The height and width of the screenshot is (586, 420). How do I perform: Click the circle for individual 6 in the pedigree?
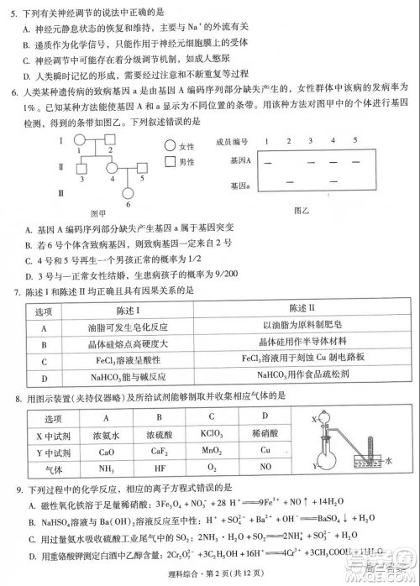(x=128, y=192)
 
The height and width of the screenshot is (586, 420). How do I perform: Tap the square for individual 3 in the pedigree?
(x=81, y=168)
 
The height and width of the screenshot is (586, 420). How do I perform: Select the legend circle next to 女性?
(x=170, y=146)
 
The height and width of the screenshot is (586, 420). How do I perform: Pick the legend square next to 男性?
(x=170, y=161)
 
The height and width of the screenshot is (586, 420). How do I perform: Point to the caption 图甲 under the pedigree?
(x=99, y=212)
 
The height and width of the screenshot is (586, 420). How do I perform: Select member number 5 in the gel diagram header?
(x=354, y=140)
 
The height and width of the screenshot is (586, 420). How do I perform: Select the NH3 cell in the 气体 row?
(x=107, y=467)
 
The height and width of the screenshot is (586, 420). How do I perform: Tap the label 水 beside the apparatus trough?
(x=389, y=460)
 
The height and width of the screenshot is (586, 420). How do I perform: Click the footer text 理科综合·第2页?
(x=188, y=573)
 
